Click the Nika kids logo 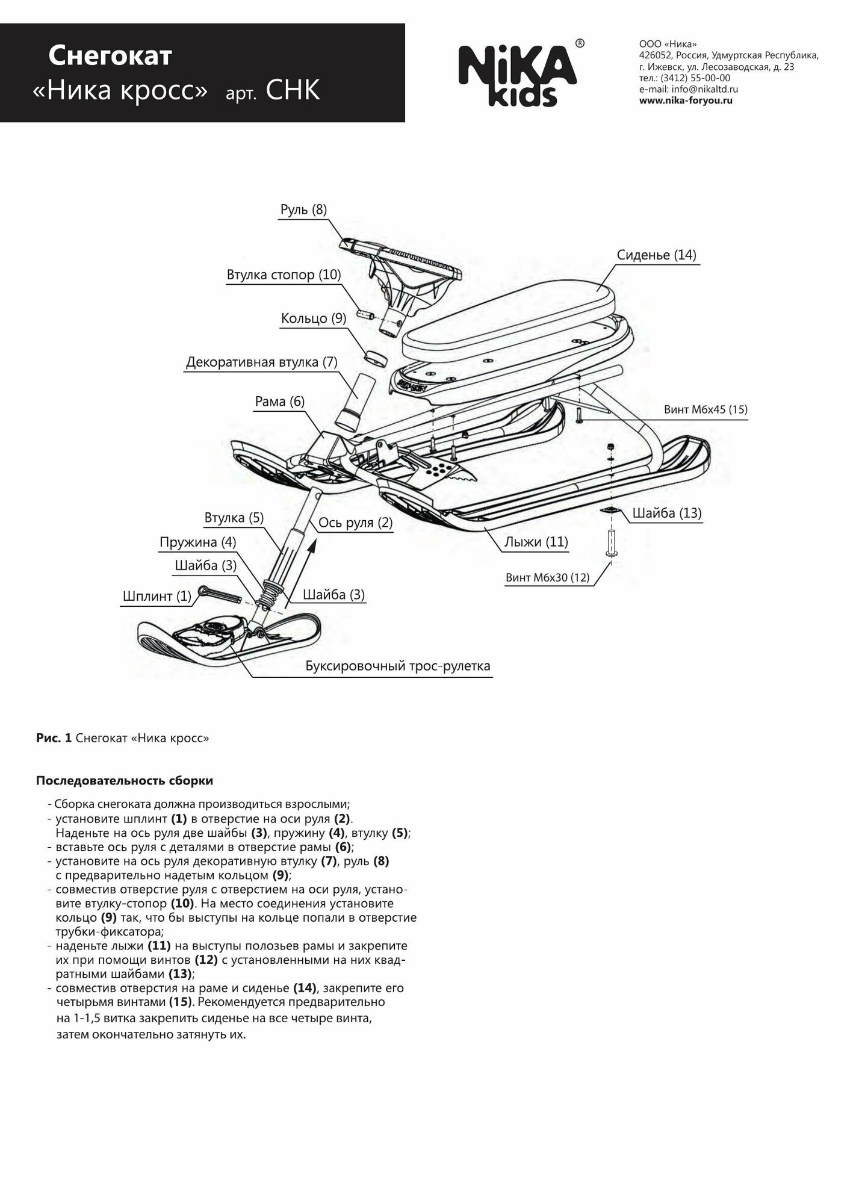pyautogui.click(x=518, y=75)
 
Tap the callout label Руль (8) pyautogui.click(x=303, y=210)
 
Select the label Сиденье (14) pyautogui.click(x=656, y=255)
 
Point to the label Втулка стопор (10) pyautogui.click(x=284, y=275)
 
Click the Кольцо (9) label pyautogui.click(x=313, y=318)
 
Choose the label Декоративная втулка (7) pyautogui.click(x=261, y=362)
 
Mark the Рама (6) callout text pyautogui.click(x=279, y=402)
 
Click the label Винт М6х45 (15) pyautogui.click(x=706, y=410)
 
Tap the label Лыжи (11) pyautogui.click(x=536, y=542)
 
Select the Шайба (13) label pyautogui.click(x=666, y=514)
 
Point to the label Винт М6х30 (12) pyautogui.click(x=547, y=578)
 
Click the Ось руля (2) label pyautogui.click(x=355, y=523)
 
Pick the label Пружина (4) pyautogui.click(x=197, y=542)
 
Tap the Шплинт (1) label pyautogui.click(x=157, y=596)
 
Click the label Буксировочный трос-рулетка pyautogui.click(x=397, y=666)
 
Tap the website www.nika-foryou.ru pyautogui.click(x=685, y=101)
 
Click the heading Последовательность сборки pyautogui.click(x=125, y=781)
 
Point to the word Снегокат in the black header pyautogui.click(x=110, y=57)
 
